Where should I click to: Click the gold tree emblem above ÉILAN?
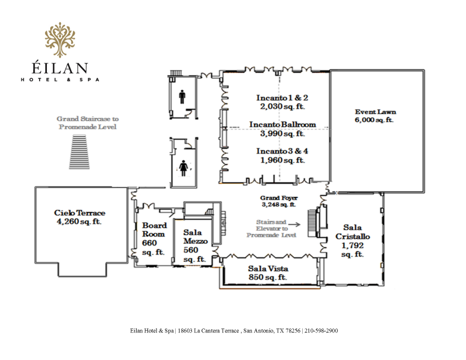point(60,39)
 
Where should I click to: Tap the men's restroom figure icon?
point(182,96)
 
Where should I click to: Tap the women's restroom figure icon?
point(184,168)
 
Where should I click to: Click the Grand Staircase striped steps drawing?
point(79,152)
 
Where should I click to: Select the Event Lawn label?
point(376,112)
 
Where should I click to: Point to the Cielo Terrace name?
point(80,213)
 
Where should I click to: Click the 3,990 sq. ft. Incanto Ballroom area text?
point(282,134)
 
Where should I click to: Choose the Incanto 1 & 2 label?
point(282,98)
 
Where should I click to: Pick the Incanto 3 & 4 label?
point(282,151)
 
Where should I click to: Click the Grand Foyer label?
point(279,197)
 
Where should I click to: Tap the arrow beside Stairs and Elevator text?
point(294,225)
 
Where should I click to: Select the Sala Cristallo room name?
point(353,232)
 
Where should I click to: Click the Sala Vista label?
point(268,269)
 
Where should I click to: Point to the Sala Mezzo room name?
point(195,236)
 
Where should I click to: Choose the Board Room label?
point(154,230)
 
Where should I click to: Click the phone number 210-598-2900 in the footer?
point(321,331)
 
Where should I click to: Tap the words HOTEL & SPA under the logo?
point(60,80)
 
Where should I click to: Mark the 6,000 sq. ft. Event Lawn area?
point(374,120)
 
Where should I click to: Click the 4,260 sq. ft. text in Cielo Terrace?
point(79,221)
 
